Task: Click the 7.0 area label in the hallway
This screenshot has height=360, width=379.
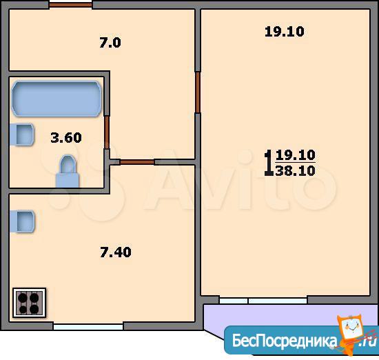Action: coord(110,43)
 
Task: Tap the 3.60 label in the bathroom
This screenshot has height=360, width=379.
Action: coord(66,138)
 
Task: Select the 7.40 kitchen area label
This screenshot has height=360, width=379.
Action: coord(116,252)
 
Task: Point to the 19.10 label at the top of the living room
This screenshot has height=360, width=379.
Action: coord(284,32)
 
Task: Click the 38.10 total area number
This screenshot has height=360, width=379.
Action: coord(295,170)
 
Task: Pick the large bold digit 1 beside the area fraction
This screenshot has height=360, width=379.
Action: coord(269,163)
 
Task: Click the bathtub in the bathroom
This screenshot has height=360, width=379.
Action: coord(57,99)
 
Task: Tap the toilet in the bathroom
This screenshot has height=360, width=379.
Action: coord(68,171)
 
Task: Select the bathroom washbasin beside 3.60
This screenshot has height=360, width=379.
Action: coord(22,134)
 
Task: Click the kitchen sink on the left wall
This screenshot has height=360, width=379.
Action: coord(22,221)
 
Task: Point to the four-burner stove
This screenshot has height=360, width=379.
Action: coord(29,303)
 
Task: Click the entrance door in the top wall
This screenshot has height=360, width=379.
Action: coord(70,5)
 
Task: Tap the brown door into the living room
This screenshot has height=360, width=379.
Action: coord(198,92)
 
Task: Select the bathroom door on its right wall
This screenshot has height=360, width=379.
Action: coord(107,132)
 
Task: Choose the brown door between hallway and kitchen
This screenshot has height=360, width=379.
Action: coord(137,162)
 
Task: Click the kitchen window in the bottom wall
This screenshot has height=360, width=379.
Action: coord(88,327)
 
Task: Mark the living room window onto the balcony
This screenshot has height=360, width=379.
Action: coord(263,301)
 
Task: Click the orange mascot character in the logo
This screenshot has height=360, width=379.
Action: coord(352,334)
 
